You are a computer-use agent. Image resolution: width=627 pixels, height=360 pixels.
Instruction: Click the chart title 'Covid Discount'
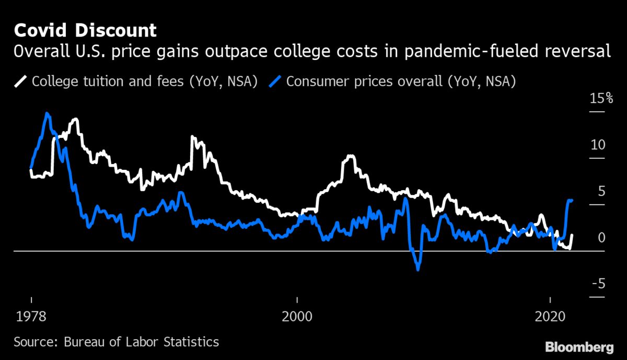tap(85, 30)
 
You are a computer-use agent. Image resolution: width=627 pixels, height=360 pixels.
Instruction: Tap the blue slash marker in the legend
tap(276, 82)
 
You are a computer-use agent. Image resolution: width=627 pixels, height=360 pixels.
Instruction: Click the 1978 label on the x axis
tap(31, 317)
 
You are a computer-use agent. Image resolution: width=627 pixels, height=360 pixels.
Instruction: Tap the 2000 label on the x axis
tap(297, 317)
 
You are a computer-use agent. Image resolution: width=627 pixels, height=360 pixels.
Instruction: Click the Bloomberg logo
tap(579, 346)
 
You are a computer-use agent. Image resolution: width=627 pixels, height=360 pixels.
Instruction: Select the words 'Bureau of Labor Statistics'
tap(141, 342)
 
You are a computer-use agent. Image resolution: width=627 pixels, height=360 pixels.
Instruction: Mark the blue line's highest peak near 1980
tap(48, 113)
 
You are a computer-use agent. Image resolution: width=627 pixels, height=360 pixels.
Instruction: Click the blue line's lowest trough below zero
tap(417, 269)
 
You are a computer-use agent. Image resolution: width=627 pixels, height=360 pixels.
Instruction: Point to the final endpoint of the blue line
tap(572, 200)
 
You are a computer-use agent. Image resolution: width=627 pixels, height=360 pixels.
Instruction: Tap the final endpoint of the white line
tap(572, 235)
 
